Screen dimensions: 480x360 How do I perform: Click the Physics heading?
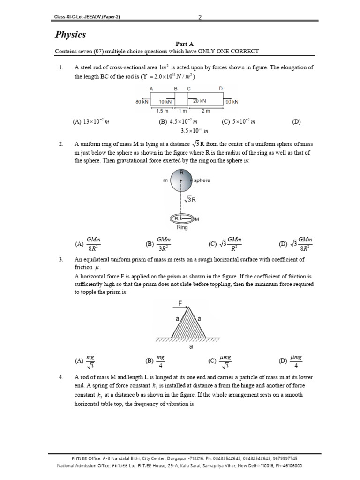coord(70,35)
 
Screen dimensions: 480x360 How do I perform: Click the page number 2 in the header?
coord(200,17)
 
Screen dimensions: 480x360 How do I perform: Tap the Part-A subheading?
coord(180,45)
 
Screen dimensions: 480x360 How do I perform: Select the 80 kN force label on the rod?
coord(142,101)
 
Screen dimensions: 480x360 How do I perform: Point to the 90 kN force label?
coord(232,101)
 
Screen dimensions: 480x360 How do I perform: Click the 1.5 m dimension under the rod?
coord(162,111)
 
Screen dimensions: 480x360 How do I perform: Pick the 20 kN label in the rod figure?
coord(199,101)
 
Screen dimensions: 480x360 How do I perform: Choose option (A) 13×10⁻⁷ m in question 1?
coord(90,122)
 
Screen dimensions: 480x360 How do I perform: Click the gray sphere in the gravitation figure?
coord(180,180)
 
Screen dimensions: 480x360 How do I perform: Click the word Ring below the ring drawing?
coord(182,227)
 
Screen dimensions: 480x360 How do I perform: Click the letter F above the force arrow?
coord(180,303)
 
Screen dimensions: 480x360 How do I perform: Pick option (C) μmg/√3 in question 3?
coord(221,361)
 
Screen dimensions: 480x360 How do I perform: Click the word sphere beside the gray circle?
coord(202,180)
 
